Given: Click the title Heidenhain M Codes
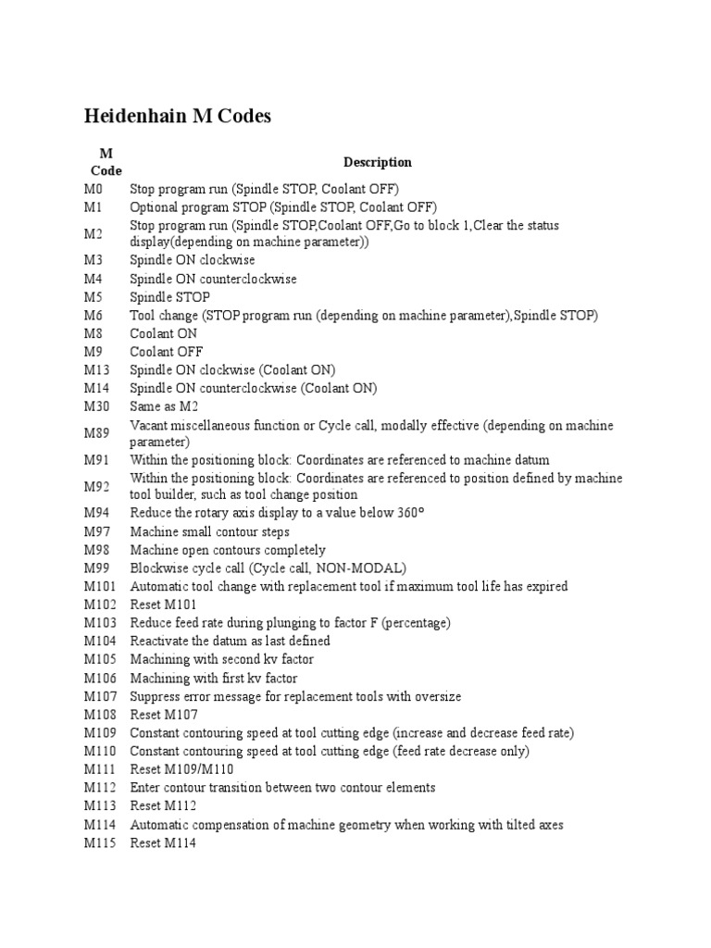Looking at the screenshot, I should [x=178, y=117].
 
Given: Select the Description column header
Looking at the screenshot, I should [x=378, y=162].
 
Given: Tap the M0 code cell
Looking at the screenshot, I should [x=94, y=189].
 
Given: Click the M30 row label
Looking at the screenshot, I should [x=97, y=406].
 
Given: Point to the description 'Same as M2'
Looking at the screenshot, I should [x=164, y=406].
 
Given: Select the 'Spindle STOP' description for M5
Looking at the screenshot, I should [x=169, y=297].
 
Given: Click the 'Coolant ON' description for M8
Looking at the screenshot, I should [x=163, y=333].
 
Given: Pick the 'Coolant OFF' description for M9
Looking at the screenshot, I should [x=166, y=352].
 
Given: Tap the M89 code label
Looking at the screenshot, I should [x=97, y=433].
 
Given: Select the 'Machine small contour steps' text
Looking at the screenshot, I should [x=209, y=532].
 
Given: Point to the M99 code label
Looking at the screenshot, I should [x=97, y=568].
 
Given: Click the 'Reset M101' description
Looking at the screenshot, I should [x=164, y=605].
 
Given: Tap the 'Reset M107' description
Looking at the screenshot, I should [x=164, y=715].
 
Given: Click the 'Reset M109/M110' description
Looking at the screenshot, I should [x=181, y=769].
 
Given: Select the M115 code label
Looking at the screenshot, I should [x=100, y=842].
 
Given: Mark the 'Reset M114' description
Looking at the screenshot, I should [x=164, y=842].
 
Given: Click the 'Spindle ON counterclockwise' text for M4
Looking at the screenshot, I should [x=213, y=279].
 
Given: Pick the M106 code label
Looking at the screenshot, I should [x=100, y=678].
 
